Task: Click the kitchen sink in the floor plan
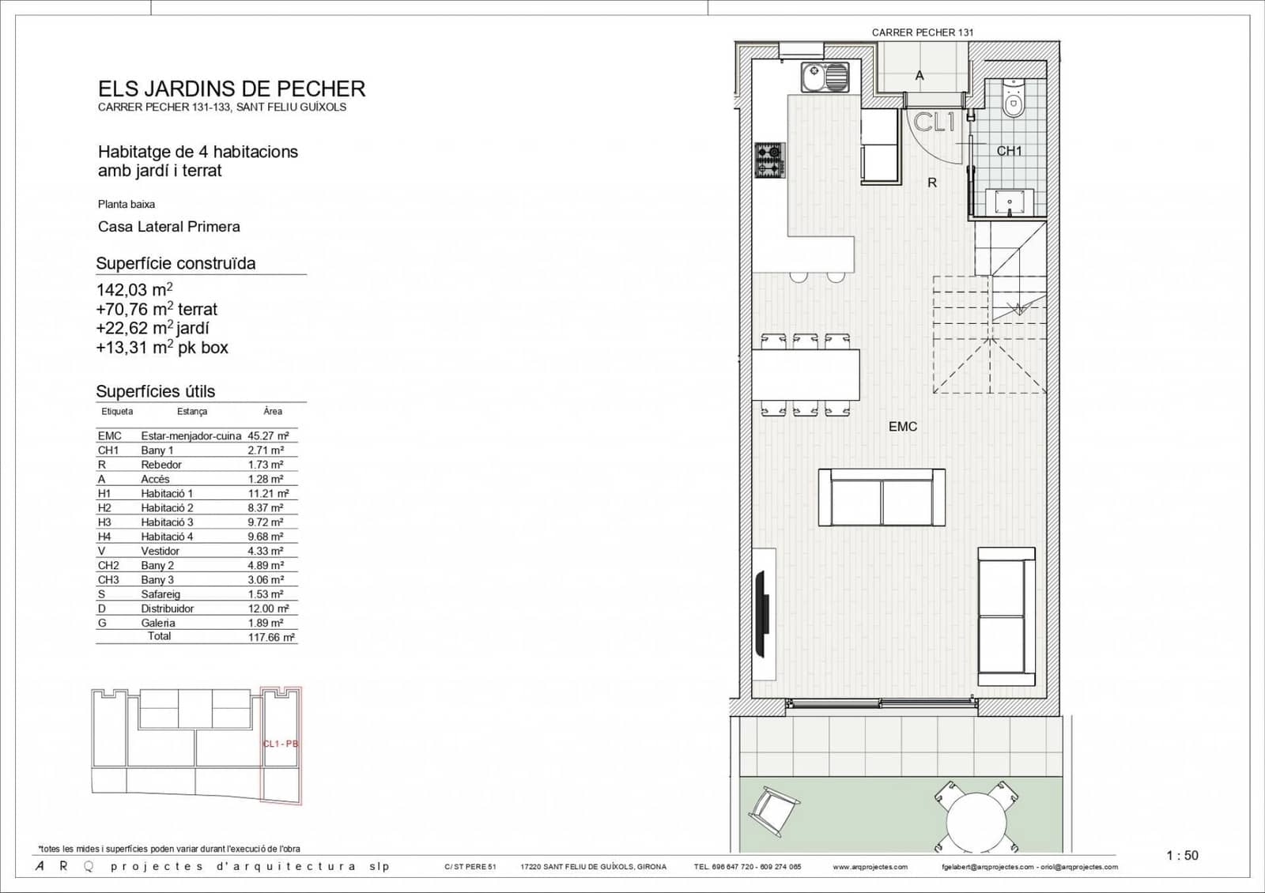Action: click(825, 77)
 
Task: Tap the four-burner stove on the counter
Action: click(769, 160)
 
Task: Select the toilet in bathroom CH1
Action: click(1012, 98)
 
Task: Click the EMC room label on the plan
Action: click(903, 427)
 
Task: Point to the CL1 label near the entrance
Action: click(935, 122)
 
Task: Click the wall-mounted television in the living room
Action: click(763, 613)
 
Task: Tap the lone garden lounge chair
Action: click(773, 811)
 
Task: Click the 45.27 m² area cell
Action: click(268, 435)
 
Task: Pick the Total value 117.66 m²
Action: click(271, 637)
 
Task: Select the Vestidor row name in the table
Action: click(160, 551)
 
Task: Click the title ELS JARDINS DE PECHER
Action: click(232, 89)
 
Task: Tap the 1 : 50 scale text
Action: click(1182, 855)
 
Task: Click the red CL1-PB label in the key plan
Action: click(280, 744)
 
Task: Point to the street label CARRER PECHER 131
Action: click(923, 32)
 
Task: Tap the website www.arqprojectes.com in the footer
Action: click(870, 867)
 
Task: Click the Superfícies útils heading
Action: click(156, 391)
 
